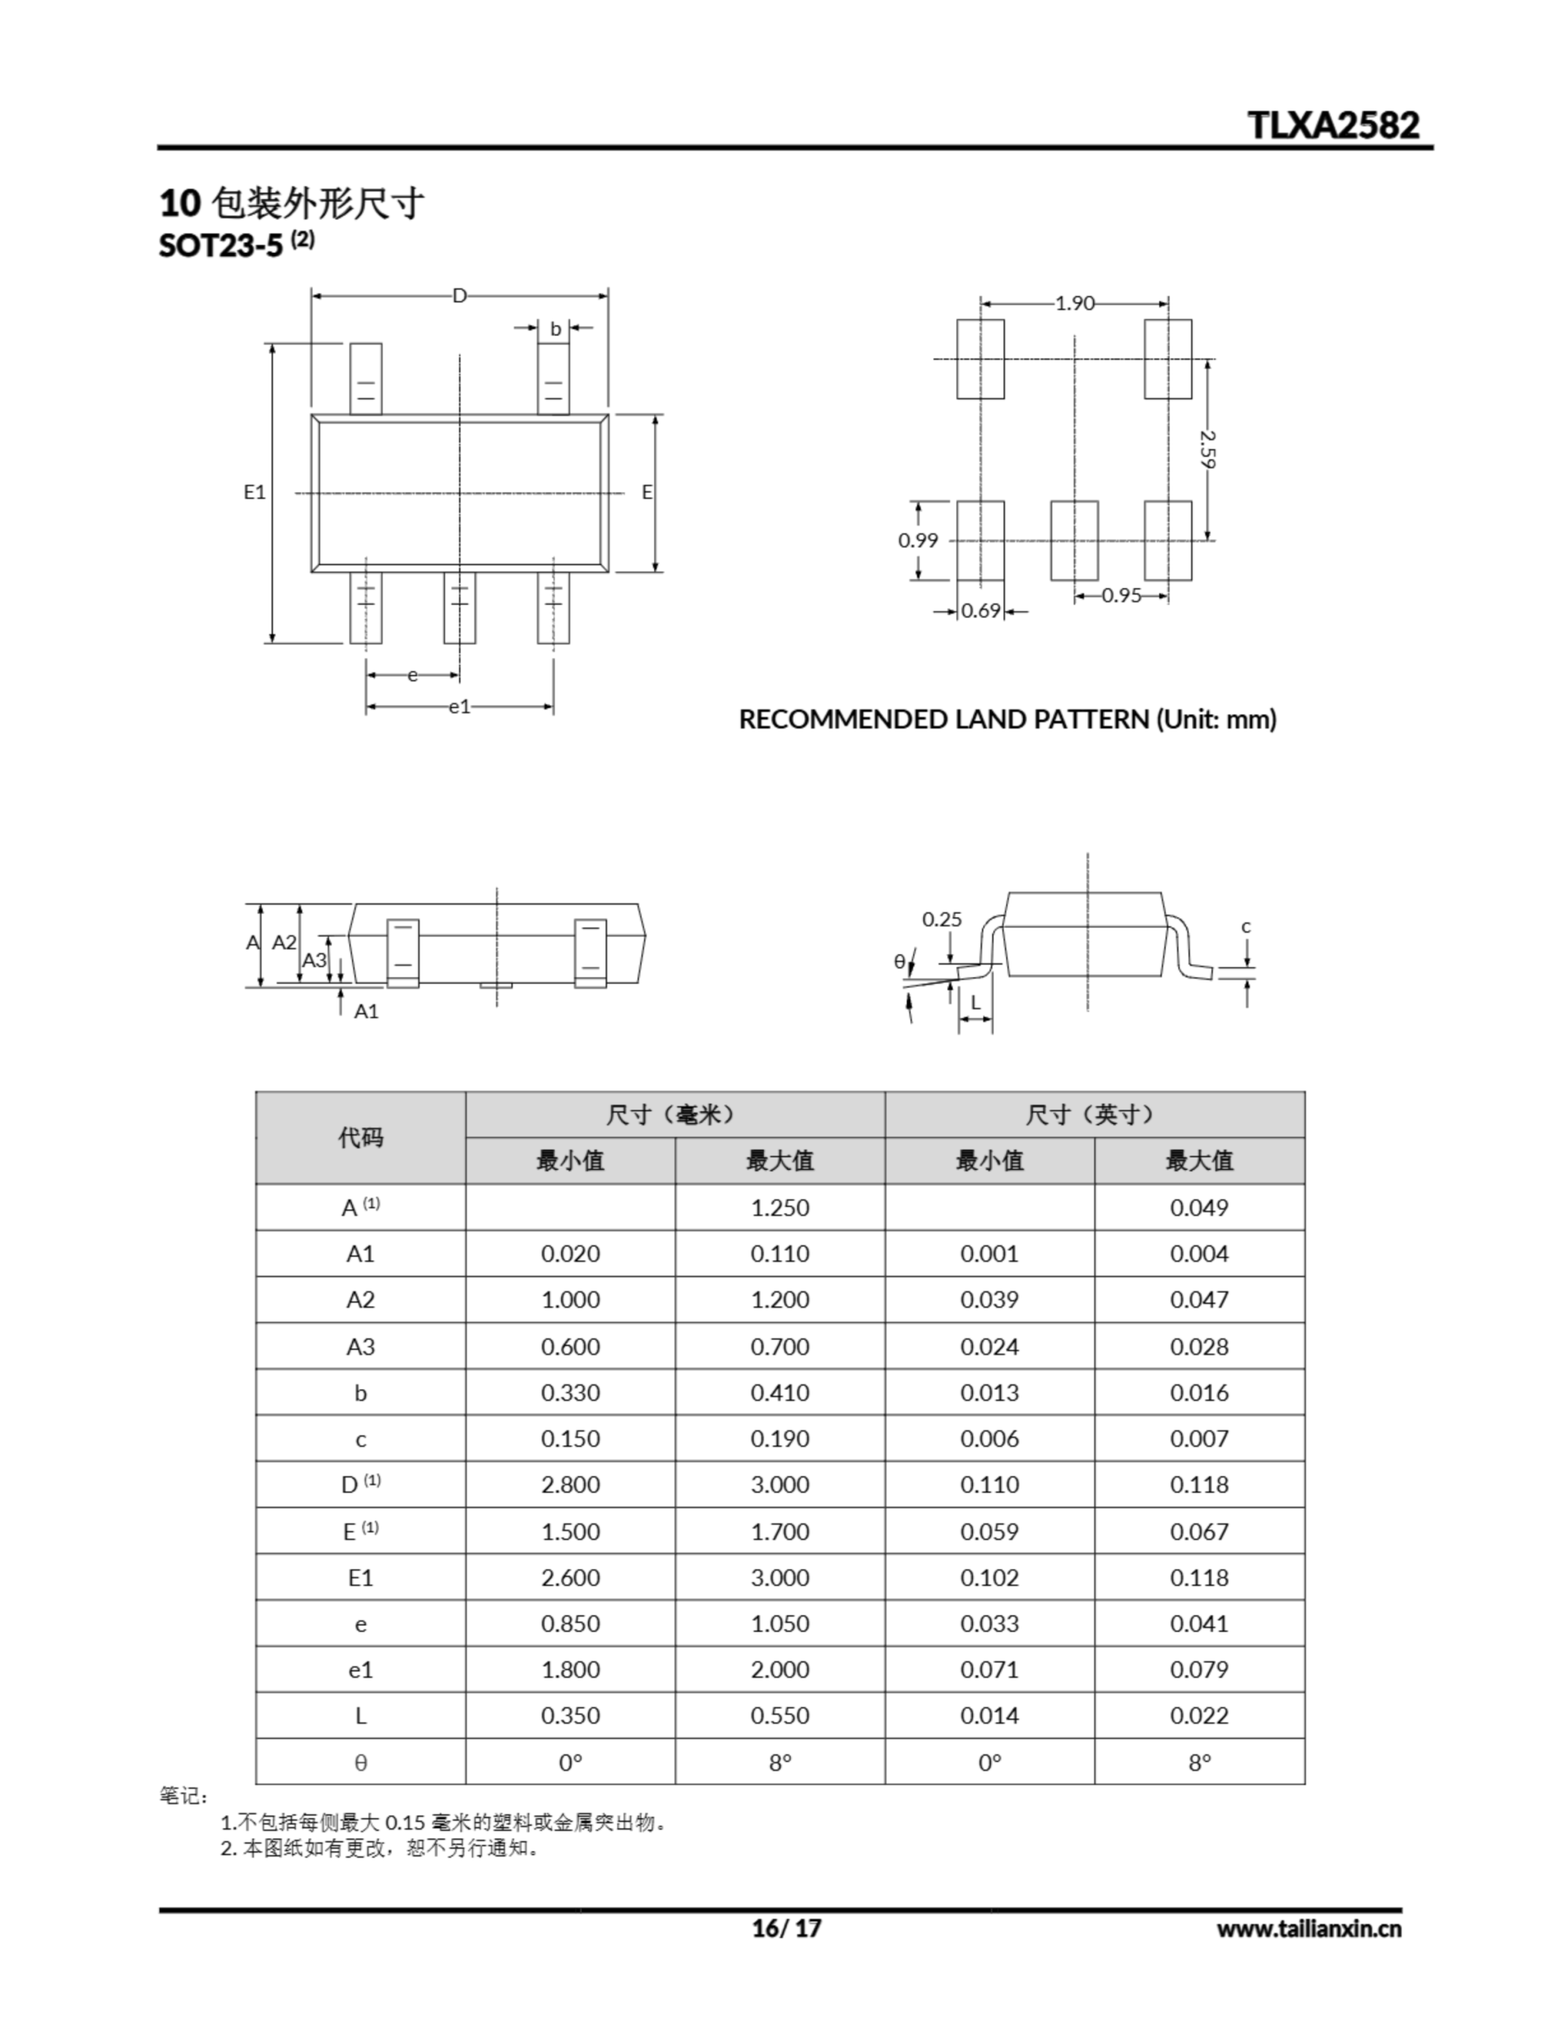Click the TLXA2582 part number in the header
coord(1332,125)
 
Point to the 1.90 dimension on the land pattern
coord(1074,302)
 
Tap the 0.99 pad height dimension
coord(918,541)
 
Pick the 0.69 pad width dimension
coord(981,611)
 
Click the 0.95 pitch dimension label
coord(1121,596)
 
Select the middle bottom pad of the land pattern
coord(1074,541)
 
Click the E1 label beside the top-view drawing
coord(254,493)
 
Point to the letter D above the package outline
coord(459,296)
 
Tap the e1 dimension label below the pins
coord(460,707)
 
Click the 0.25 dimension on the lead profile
coord(942,919)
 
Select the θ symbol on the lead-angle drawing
coord(900,962)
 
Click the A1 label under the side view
coord(366,1010)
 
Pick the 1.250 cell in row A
coord(780,1208)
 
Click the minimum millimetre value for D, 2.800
coord(570,1484)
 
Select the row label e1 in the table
coord(361,1670)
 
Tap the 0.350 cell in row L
coord(570,1715)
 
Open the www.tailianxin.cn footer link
coord(1308,1929)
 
